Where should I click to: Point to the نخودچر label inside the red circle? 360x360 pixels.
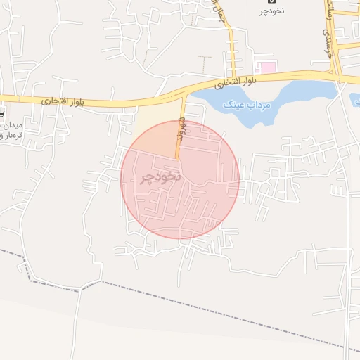[161, 176]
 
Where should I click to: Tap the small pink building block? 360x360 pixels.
[266, 67]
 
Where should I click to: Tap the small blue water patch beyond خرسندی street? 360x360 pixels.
[355, 98]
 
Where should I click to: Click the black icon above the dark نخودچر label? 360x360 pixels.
[272, 2]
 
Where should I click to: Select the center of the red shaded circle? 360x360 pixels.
[180, 179]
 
